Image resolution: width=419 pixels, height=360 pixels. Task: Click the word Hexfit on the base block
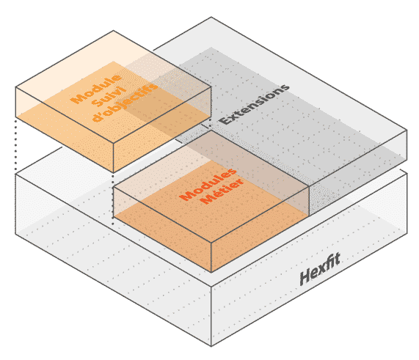[320, 269]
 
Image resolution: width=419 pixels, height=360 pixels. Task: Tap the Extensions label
[254, 104]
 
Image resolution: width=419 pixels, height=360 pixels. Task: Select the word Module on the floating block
[95, 89]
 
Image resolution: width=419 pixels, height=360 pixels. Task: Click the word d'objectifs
[125, 103]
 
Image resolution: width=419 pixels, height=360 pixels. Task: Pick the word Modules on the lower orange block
[208, 184]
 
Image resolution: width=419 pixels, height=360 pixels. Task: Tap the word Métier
[222, 191]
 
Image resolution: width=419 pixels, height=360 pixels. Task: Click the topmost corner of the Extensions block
[211, 18]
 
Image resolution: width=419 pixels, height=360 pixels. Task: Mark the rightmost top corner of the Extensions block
[407, 131]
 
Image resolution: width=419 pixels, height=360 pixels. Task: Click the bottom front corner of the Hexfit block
[211, 346]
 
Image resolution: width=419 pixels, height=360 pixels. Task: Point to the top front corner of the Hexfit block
[211, 287]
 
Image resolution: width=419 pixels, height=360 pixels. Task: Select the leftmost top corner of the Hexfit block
[15, 175]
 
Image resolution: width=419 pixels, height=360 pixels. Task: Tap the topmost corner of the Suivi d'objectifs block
[113, 31]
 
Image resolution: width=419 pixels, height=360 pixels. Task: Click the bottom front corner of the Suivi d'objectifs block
[113, 172]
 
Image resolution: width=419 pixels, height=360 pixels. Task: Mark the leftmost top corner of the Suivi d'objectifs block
[15, 87]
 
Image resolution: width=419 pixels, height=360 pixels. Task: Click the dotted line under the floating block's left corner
[15, 146]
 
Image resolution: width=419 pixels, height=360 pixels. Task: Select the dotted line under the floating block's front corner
[113, 199]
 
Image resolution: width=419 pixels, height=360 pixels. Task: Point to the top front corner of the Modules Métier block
[211, 243]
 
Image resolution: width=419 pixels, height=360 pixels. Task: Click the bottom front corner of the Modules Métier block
[211, 272]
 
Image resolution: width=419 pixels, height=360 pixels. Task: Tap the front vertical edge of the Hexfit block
[211, 317]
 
